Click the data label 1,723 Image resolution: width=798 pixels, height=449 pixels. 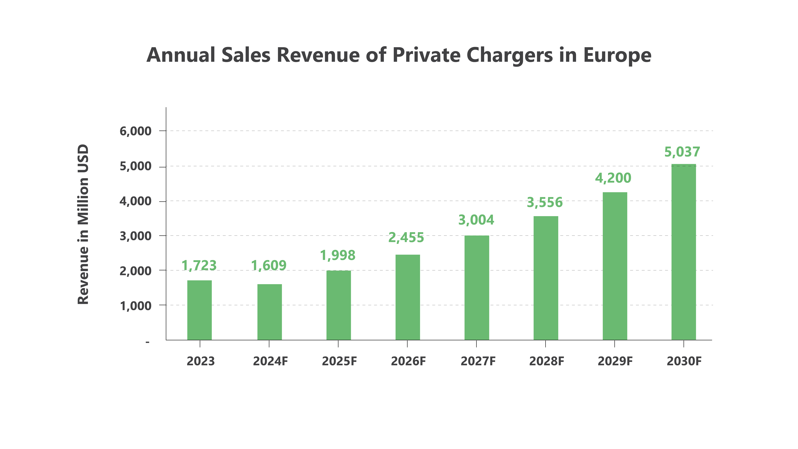pos(199,266)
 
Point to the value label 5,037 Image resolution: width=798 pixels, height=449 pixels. pos(682,152)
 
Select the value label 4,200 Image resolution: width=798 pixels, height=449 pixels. pos(613,178)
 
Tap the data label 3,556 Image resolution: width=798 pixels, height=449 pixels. pos(545,202)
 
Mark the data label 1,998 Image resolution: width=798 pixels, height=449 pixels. pos(338,255)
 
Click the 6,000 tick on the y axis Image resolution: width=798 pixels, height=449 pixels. pos(135,131)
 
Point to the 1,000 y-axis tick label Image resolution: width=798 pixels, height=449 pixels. pos(135,306)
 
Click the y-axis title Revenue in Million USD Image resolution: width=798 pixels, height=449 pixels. pos(83,224)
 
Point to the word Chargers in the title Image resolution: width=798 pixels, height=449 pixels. pos(510,55)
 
